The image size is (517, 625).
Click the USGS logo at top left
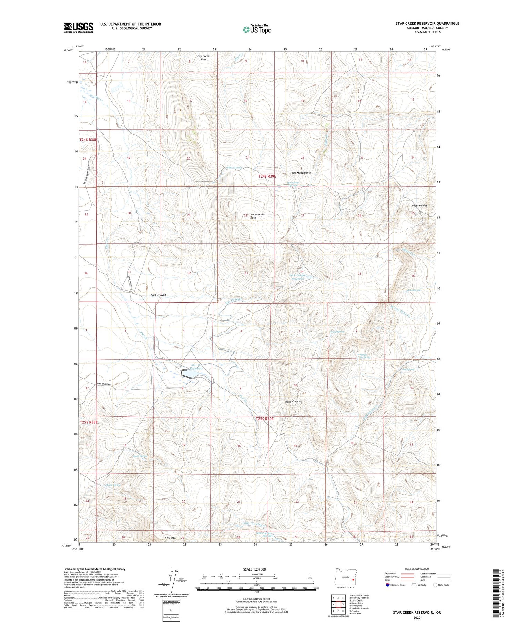click(x=79, y=28)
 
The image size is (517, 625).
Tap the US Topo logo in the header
click(x=257, y=29)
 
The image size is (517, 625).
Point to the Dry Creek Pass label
click(x=203, y=58)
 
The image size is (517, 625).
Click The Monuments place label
click(x=301, y=173)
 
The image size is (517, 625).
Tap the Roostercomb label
click(x=419, y=206)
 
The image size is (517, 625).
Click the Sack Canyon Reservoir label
click(x=298, y=277)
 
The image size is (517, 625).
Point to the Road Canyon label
click(x=293, y=401)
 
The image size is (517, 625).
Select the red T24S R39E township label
click(x=267, y=176)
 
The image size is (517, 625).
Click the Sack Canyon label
click(x=159, y=295)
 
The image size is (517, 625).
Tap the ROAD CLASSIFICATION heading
click(x=417, y=569)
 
